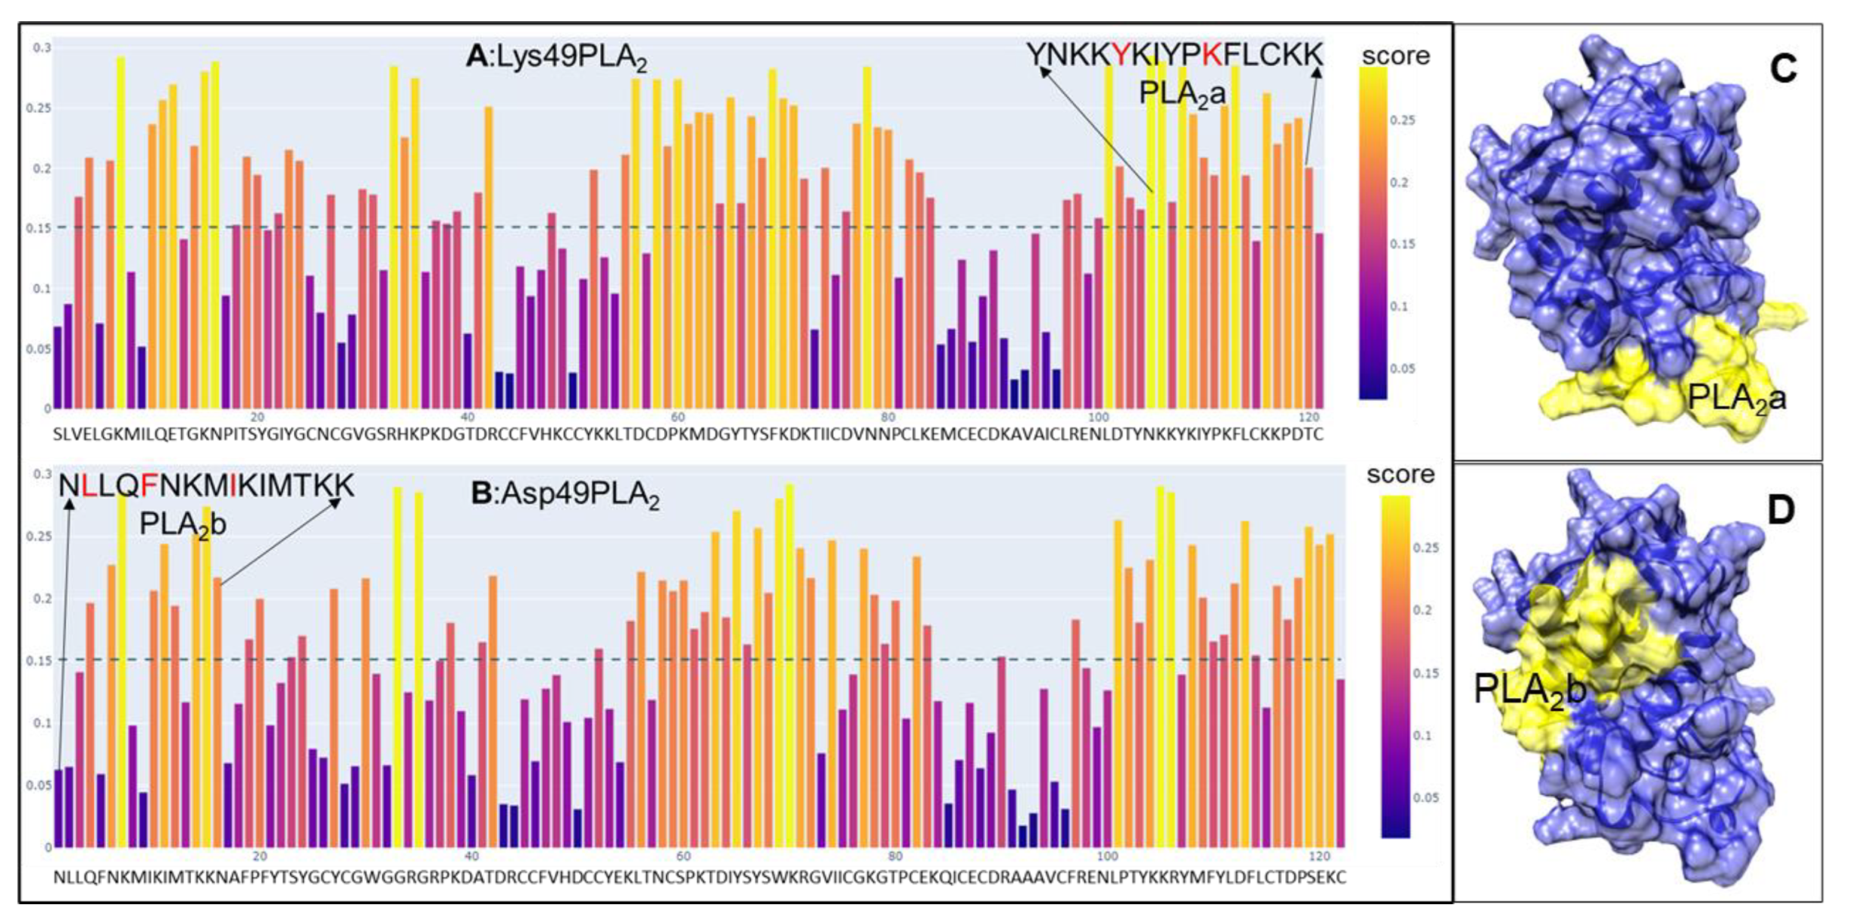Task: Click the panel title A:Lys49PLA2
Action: (556, 58)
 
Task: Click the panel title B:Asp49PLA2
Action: (565, 494)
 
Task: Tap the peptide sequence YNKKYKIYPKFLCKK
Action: (1174, 55)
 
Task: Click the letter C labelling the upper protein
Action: (1783, 69)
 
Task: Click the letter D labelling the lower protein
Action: (1780, 510)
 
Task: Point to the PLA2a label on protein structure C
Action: (1736, 399)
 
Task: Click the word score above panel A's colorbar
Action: (1395, 55)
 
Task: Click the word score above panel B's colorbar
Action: (1400, 474)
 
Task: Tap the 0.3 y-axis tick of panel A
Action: (42, 48)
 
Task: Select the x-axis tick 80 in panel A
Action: (887, 418)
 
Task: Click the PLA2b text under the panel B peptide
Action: (183, 524)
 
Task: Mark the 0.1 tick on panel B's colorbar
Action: (1422, 736)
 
